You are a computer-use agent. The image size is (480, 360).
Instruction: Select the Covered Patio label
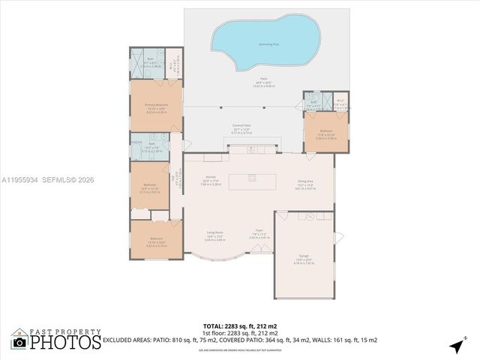pyautogui.click(x=241, y=127)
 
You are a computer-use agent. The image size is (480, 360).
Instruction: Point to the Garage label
pyautogui.click(x=304, y=256)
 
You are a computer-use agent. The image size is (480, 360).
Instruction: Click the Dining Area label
pyautogui.click(x=305, y=181)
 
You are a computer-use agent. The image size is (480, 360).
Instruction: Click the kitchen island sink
pyautogui.click(x=252, y=178)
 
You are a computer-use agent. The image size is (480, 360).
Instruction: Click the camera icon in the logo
pyautogui.click(x=20, y=343)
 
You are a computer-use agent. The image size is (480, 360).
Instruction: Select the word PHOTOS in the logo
pyautogui.click(x=66, y=342)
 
